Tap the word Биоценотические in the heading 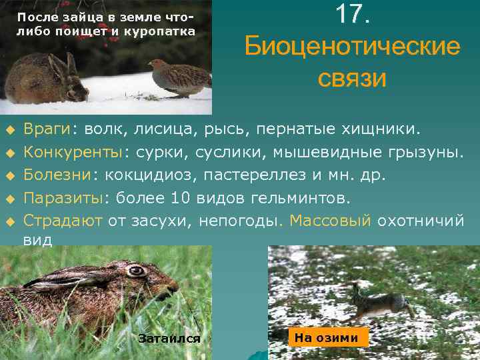352,47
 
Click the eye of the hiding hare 136,271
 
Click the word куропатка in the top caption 163,31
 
